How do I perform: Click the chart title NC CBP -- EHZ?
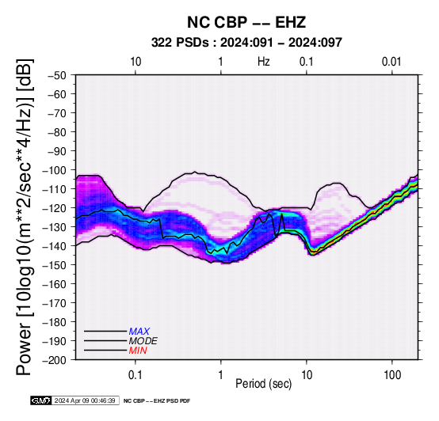tap(246, 22)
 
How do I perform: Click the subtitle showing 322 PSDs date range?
tap(246, 43)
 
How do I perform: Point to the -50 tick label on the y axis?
tap(57, 75)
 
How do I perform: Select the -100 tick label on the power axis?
tap(54, 170)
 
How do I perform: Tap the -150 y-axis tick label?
tap(54, 265)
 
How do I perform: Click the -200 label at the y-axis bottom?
tap(54, 360)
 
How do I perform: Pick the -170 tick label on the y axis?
tap(54, 303)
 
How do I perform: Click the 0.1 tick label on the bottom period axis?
tap(136, 374)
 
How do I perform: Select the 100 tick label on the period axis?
tap(392, 374)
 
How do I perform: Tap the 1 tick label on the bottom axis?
tap(221, 374)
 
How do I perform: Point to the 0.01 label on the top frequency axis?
tap(391, 62)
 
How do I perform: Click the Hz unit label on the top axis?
tap(264, 62)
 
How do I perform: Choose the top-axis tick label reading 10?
tap(136, 62)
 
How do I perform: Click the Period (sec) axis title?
tap(264, 384)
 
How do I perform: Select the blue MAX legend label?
tap(139, 332)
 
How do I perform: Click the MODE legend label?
tap(143, 341)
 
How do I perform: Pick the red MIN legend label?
tap(138, 351)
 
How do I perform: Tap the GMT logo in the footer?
tap(41, 400)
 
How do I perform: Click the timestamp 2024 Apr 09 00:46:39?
tap(85, 400)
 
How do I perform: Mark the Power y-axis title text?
tap(24, 217)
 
